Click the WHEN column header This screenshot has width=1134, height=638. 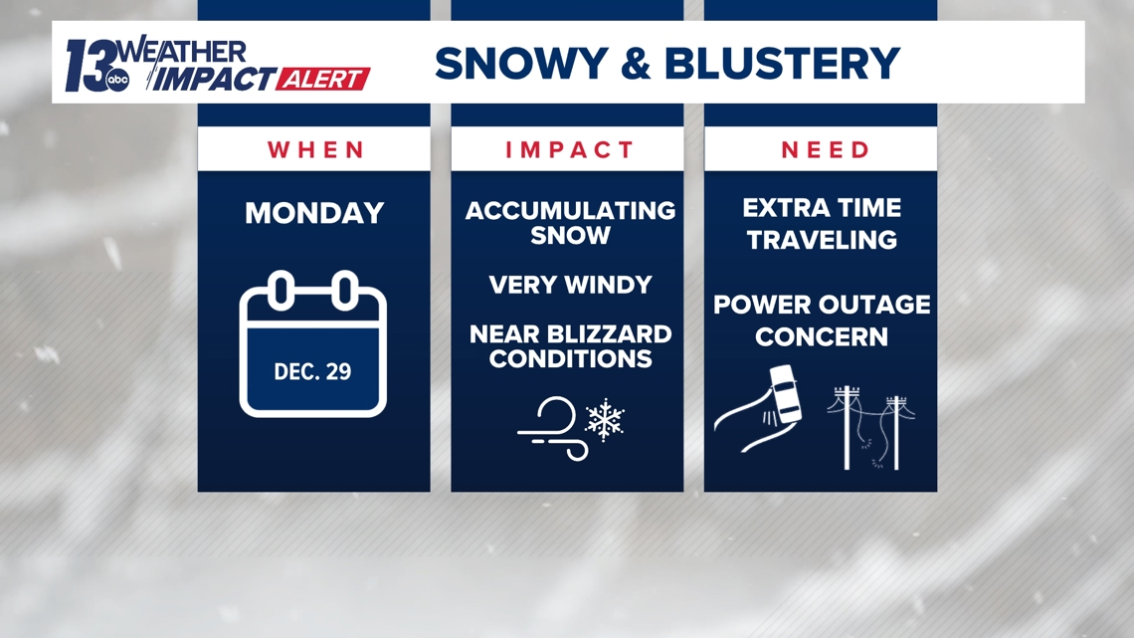[x=314, y=149]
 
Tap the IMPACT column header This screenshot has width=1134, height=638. [x=569, y=149]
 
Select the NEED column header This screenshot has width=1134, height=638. [x=825, y=149]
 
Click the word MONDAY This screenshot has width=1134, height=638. [x=314, y=213]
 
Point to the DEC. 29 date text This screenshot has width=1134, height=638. [x=312, y=371]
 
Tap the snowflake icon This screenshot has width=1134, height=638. [x=604, y=420]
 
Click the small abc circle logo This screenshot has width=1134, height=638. [x=117, y=83]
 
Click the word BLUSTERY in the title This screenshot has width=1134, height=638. [x=782, y=64]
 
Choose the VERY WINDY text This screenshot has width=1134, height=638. [x=570, y=285]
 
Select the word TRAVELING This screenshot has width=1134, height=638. [x=822, y=240]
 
